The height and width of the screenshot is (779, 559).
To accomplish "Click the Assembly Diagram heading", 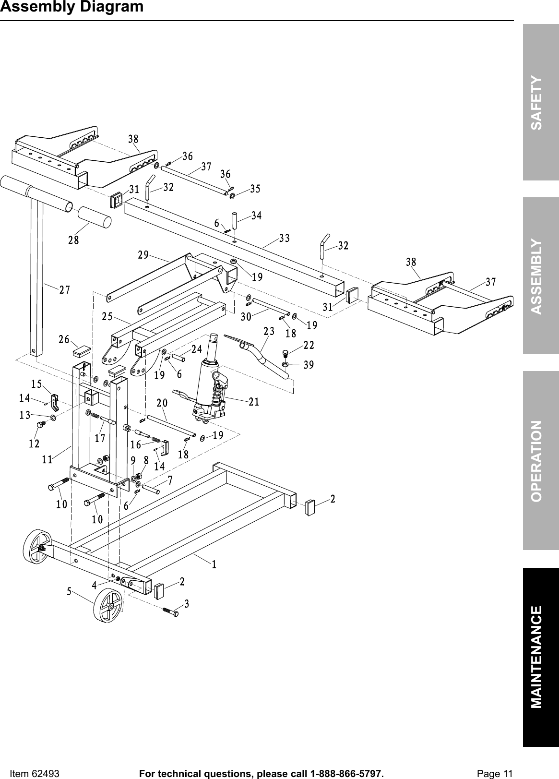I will [71, 7].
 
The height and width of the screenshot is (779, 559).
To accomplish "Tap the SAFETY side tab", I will [540, 103].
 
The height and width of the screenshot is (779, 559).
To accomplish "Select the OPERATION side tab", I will [540, 460].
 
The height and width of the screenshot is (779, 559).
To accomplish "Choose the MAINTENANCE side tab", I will [540, 657].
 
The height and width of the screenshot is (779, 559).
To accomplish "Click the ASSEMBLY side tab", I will [540, 276].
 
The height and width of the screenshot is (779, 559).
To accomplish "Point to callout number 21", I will [254, 402].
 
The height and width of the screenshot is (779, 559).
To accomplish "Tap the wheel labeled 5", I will [107, 606].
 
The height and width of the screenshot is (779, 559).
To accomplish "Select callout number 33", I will [285, 238].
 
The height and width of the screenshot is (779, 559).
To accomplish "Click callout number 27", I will [65, 290].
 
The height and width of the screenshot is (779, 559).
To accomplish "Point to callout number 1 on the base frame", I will [214, 564].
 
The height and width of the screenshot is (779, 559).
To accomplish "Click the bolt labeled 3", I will [170, 612].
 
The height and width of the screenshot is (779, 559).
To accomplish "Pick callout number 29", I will [143, 255].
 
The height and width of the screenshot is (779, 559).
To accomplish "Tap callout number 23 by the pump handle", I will [269, 331].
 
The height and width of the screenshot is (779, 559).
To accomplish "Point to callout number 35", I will [255, 189].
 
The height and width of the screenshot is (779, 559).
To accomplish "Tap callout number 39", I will [309, 365].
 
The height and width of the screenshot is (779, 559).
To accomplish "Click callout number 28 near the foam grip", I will [73, 240].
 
